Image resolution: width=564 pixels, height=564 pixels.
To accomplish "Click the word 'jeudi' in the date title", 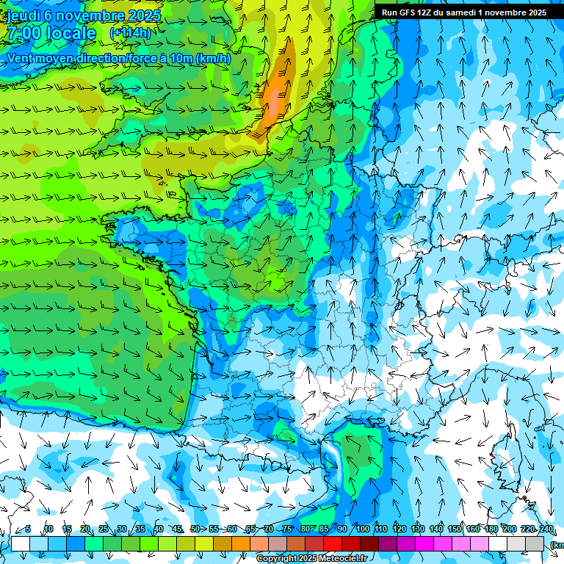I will (23, 15).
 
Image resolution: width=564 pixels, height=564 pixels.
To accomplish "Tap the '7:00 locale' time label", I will (51, 33).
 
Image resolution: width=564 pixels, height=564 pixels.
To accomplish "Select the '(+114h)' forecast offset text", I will (131, 33).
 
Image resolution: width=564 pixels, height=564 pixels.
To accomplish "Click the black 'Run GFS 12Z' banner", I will (463, 12).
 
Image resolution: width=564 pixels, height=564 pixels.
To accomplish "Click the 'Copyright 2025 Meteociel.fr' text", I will (312, 559).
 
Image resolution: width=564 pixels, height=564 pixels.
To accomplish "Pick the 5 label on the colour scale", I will (28, 529).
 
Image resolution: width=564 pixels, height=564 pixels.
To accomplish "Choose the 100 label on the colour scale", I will (363, 529).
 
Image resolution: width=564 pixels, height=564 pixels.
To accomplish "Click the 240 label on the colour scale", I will (546, 529).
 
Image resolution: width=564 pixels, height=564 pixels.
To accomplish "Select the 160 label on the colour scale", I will (473, 529).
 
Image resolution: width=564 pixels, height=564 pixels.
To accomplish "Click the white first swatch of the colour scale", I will (20, 543).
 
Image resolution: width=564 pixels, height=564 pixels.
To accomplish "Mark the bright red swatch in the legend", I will (332, 543).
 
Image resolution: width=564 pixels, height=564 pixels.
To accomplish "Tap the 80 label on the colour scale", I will (305, 529).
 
